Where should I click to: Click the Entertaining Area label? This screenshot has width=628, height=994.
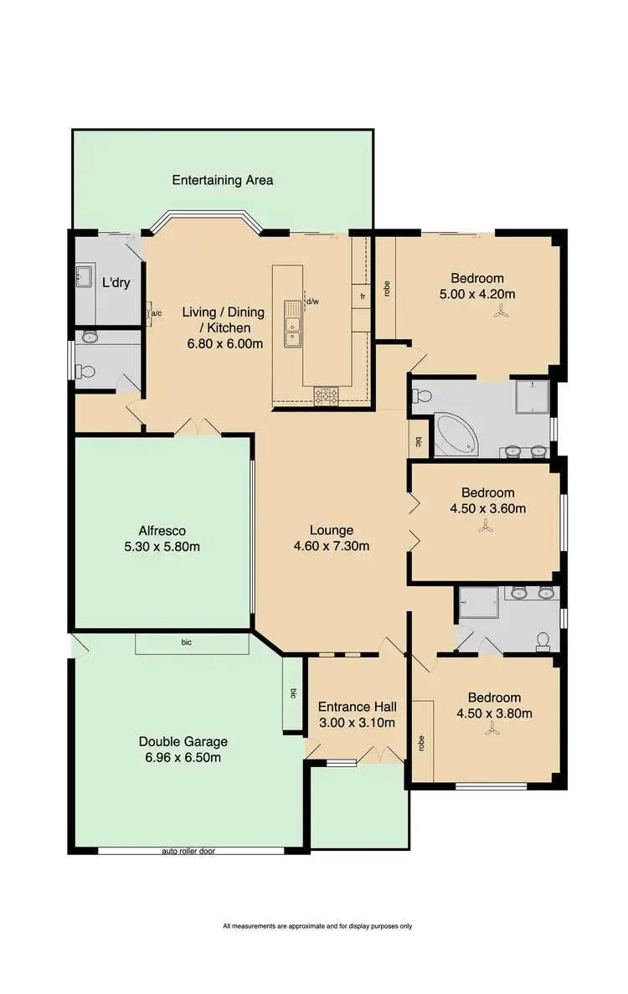(x=222, y=180)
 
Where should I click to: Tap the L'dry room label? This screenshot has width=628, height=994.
(x=116, y=283)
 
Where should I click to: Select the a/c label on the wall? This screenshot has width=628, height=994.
(x=156, y=314)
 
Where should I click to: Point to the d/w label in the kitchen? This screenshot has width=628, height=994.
(x=311, y=301)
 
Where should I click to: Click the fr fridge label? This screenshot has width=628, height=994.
(x=363, y=296)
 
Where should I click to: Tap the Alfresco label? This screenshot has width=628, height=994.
(x=162, y=530)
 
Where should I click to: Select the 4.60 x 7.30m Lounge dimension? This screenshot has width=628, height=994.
(x=331, y=546)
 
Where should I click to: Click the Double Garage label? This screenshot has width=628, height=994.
(x=183, y=741)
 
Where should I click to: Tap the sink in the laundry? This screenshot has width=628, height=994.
(x=85, y=275)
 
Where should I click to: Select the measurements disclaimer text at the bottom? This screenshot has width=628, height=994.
(x=317, y=926)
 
